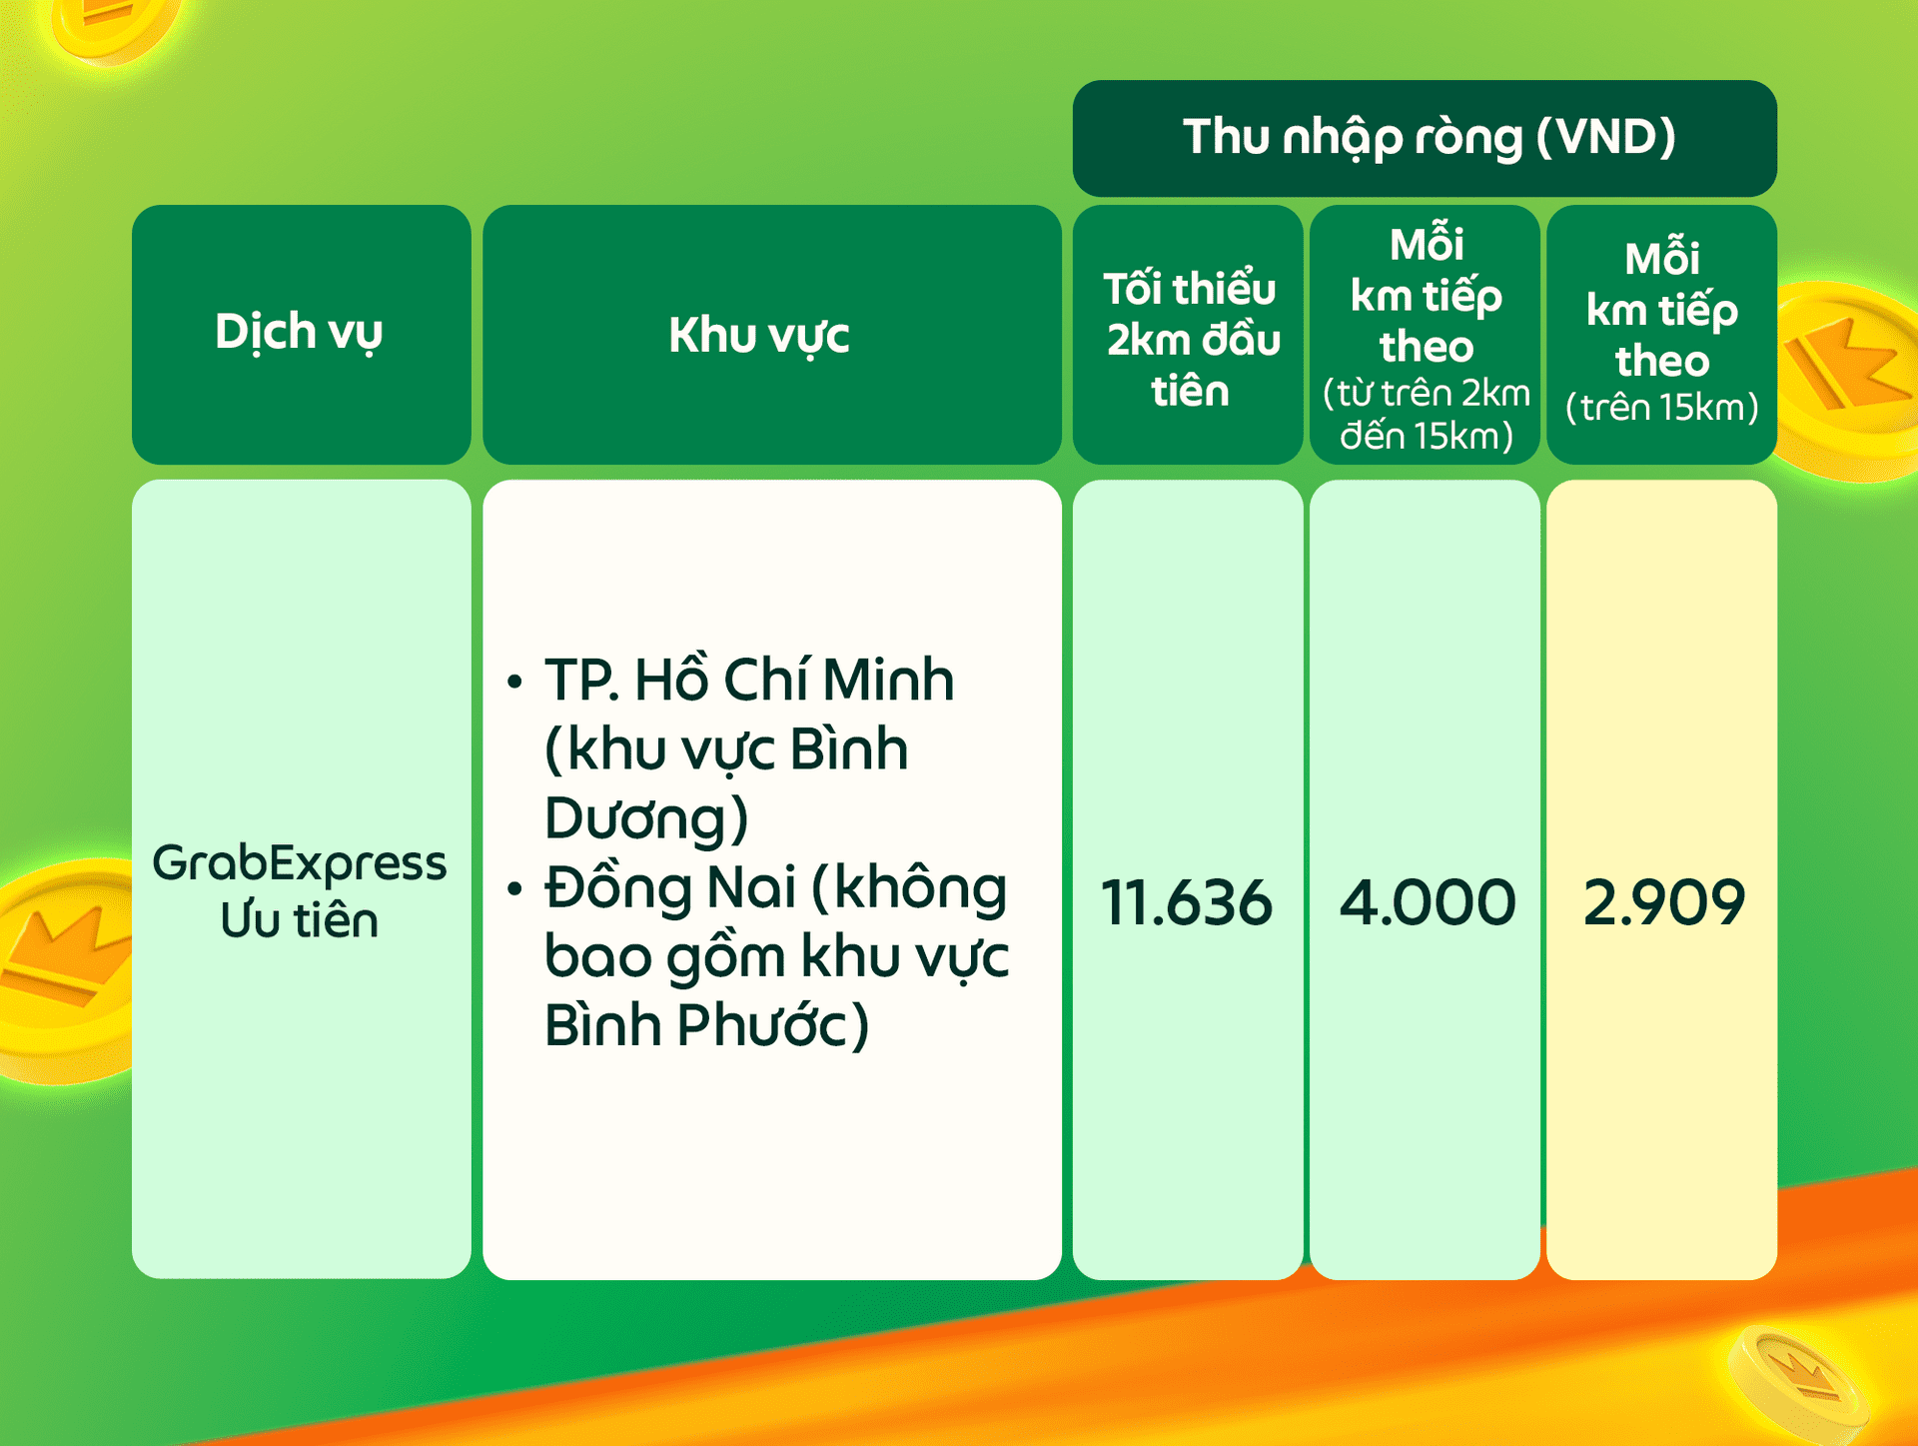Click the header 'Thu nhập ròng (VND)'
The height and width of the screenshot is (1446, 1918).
point(1429,138)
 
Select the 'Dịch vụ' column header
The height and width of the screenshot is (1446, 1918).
point(299,332)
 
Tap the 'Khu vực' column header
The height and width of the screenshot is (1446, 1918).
point(759,335)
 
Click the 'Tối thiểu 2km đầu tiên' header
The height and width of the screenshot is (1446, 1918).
point(1190,339)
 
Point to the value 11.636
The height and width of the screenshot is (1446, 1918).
point(1187,901)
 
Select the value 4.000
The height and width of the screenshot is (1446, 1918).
point(1427,901)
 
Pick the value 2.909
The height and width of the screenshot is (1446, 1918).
point(1664,901)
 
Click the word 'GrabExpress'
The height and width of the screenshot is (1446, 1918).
point(299,862)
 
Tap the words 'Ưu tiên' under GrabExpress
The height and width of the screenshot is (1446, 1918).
point(299,919)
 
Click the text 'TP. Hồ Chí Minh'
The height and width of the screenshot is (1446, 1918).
point(749,680)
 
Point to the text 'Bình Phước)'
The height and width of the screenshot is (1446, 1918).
point(707,1025)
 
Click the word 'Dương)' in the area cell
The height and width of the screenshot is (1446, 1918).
point(646,817)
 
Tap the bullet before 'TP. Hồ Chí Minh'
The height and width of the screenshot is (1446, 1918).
point(514,682)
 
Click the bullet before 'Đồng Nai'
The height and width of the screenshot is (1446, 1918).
point(514,887)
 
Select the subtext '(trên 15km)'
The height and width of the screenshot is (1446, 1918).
point(1662,408)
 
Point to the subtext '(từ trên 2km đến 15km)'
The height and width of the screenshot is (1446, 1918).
point(1427,414)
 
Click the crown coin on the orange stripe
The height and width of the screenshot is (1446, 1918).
point(1798,1385)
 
